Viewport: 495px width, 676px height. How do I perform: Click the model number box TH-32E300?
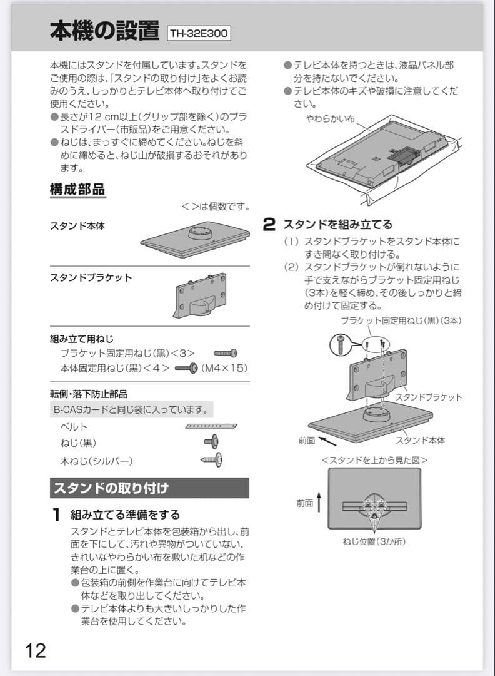point(199,33)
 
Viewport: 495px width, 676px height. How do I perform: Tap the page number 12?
point(36,650)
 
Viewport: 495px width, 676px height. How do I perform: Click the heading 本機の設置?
point(104,31)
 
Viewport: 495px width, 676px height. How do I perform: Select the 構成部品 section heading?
point(77,189)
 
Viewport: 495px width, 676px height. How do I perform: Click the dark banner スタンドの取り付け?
point(149,488)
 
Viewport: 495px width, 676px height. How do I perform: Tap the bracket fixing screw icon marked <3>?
point(226,353)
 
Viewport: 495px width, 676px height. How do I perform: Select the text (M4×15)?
point(224,367)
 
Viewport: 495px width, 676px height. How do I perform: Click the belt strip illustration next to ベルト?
point(211,426)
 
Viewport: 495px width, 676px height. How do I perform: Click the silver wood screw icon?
point(212,460)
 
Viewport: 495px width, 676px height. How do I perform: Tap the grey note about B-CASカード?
point(131,410)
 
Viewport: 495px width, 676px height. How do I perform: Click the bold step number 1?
point(56,515)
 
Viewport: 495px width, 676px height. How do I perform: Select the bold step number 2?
point(269,224)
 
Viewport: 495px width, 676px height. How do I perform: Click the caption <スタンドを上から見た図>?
point(374,459)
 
